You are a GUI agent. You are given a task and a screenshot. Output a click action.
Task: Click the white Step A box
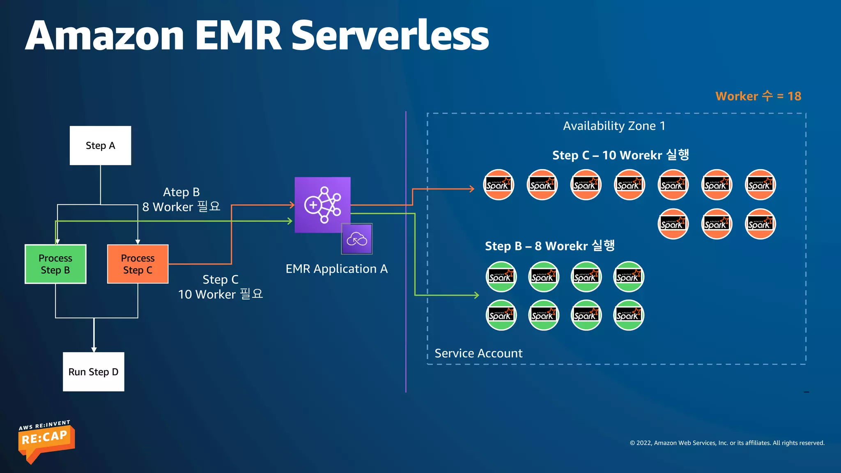tap(100, 145)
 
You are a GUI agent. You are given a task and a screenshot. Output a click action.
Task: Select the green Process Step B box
tap(55, 264)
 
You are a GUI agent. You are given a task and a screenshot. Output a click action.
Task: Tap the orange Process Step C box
tap(138, 264)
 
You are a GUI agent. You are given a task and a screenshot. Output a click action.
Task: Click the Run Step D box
tap(93, 372)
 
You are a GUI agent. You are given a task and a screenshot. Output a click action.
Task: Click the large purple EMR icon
tap(322, 204)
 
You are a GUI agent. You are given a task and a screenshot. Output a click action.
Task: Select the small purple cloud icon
tap(357, 239)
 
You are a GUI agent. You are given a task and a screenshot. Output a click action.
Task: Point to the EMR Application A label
tap(336, 269)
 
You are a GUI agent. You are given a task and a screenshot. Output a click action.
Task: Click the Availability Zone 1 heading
tap(614, 126)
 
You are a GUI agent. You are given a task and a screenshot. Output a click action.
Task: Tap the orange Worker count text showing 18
tap(758, 96)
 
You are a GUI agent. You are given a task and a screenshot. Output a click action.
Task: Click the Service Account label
tap(478, 353)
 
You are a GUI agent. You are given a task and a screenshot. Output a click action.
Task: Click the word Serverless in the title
tap(390, 36)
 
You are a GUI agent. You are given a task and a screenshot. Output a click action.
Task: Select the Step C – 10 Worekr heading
tap(620, 155)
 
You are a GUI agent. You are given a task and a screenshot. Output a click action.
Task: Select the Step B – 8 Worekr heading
tap(549, 246)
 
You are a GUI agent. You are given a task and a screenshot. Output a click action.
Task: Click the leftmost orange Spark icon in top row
tap(499, 185)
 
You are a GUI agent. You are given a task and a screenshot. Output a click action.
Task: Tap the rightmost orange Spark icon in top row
tap(760, 185)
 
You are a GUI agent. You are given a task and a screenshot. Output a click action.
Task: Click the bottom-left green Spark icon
tap(501, 315)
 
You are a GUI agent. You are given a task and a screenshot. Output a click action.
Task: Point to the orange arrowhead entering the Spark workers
tap(472, 189)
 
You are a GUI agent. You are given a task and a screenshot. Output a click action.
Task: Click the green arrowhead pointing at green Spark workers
tap(477, 295)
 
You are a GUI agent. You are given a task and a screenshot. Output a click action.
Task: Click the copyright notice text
tap(727, 443)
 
